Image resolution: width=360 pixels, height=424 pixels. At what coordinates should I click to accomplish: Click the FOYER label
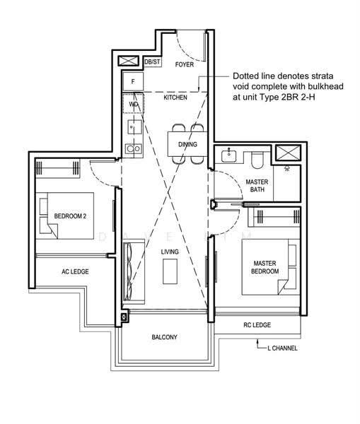[185, 64]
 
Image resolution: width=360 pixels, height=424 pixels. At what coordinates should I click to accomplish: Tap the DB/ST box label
[152, 62]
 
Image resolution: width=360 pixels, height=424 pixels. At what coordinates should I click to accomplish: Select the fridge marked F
[133, 81]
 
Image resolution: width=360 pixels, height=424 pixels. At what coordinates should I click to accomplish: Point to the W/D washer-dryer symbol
[133, 103]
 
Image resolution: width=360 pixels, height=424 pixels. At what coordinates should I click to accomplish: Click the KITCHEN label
[175, 98]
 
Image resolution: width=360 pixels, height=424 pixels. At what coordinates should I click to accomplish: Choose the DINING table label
[187, 144]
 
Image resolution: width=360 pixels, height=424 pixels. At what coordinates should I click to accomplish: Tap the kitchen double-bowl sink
[134, 148]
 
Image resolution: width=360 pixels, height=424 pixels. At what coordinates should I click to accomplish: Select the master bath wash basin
[228, 155]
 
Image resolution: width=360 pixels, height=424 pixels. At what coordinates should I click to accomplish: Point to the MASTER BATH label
[257, 185]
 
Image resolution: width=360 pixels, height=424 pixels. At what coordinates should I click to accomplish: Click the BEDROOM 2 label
[70, 216]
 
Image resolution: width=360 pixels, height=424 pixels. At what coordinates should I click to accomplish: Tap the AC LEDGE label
[75, 271]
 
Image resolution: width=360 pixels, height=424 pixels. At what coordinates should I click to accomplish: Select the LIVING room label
[170, 252]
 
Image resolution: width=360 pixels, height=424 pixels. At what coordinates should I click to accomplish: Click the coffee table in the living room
[170, 271]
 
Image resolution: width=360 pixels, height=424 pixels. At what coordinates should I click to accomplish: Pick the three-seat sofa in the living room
[134, 271]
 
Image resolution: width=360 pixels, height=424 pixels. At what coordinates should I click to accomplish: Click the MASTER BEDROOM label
[265, 267]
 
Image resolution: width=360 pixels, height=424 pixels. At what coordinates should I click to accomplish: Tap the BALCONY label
[164, 337]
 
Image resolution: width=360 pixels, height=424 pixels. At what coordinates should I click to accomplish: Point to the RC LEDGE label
[257, 325]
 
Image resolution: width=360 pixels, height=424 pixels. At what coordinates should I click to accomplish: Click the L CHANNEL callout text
[282, 348]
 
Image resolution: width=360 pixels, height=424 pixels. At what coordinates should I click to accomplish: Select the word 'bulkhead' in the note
[326, 86]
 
